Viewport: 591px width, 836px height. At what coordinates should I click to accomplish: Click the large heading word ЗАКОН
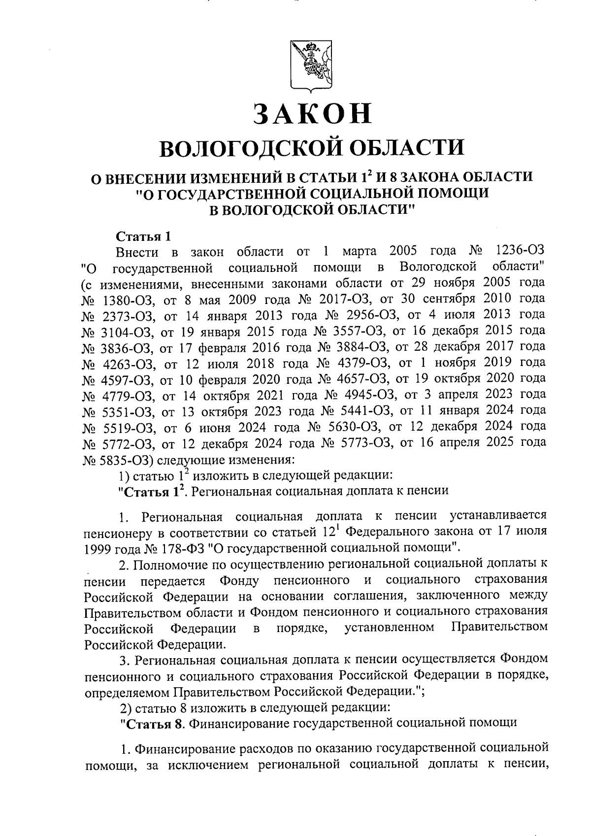[312, 113]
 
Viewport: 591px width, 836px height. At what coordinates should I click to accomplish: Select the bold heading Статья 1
[143, 236]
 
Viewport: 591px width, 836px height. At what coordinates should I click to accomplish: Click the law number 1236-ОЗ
[519, 252]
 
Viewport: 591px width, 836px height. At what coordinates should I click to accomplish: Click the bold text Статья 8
[155, 723]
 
